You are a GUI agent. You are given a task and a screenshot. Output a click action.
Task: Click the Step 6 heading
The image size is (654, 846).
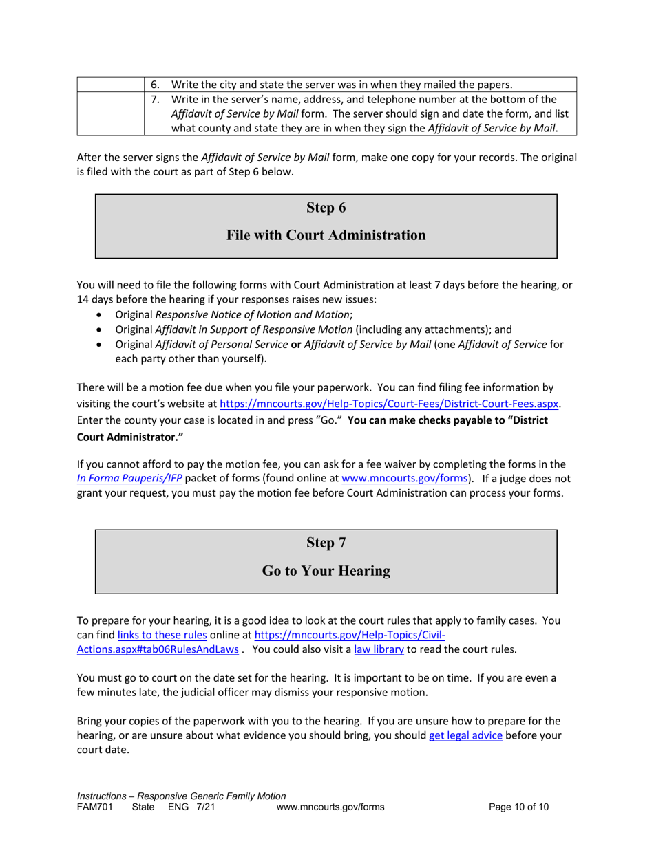(326, 208)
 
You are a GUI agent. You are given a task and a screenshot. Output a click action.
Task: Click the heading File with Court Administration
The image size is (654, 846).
(326, 236)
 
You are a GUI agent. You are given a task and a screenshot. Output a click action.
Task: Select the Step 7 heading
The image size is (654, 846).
(326, 543)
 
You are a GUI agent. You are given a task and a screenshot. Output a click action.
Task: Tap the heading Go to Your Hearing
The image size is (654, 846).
(326, 571)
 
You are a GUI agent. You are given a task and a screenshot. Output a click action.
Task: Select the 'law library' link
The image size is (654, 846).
(379, 649)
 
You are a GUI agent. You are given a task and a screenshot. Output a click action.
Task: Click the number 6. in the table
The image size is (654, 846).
(156, 85)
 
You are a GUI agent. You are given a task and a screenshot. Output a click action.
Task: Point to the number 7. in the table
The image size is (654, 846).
(156, 100)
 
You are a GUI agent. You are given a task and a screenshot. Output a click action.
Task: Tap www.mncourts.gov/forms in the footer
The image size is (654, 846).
(330, 808)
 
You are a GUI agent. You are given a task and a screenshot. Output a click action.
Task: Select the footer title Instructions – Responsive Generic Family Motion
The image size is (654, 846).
(180, 796)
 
